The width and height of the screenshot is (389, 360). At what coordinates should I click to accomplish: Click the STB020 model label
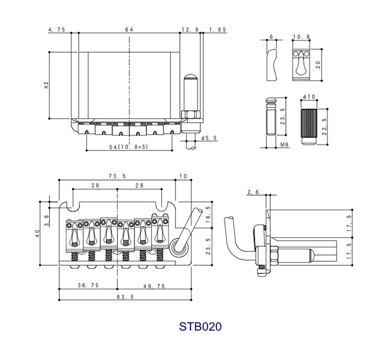tap(200, 325)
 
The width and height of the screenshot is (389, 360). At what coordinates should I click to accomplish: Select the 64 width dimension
tap(129, 30)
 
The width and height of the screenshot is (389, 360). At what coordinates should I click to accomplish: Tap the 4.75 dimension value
tap(57, 30)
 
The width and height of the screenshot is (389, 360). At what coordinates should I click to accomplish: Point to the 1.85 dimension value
tap(217, 30)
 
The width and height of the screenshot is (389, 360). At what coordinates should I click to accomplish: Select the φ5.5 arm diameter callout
tap(209, 139)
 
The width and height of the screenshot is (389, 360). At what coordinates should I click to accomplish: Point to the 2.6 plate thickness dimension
tap(253, 193)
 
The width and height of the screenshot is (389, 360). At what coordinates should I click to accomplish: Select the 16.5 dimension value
tap(209, 215)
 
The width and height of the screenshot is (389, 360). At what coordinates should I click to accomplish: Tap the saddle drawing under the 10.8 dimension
tap(302, 65)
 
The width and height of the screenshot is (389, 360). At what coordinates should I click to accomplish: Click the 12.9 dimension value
tap(190, 30)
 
